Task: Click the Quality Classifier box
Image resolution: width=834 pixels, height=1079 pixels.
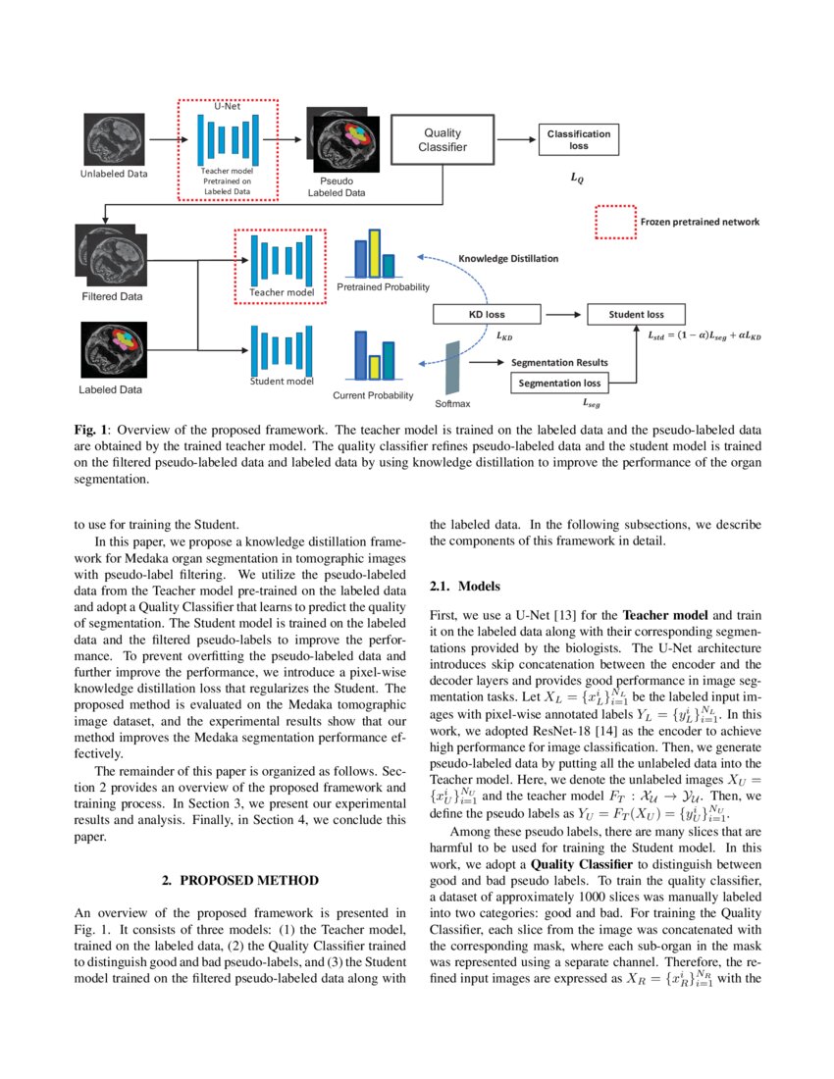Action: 443,140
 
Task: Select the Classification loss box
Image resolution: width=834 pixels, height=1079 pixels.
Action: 578,139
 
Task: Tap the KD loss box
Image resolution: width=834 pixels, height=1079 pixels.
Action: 487,315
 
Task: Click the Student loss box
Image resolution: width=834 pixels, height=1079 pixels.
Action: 635,315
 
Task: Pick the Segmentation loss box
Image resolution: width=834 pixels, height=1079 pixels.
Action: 559,383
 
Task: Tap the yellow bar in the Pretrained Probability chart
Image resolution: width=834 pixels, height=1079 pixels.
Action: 374,253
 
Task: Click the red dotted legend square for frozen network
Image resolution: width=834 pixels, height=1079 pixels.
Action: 615,222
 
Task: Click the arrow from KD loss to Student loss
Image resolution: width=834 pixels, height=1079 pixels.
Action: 562,315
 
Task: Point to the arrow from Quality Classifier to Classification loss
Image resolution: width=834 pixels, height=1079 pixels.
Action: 516,140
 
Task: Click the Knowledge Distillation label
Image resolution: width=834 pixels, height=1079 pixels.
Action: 508,259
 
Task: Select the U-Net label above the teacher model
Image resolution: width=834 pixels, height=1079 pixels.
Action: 227,106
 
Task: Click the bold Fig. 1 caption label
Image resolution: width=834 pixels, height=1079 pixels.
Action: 91,429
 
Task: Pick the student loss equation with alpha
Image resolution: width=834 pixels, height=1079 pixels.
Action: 704,335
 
